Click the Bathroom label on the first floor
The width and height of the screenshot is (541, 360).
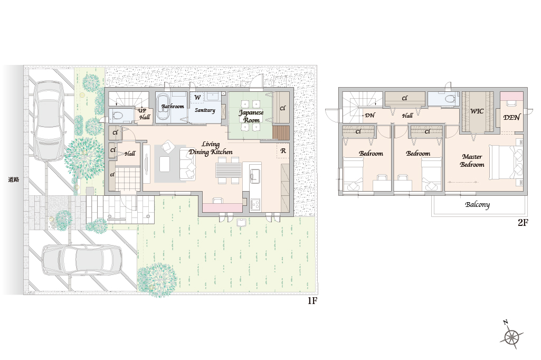click(x=173, y=106)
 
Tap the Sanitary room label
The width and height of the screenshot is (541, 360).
click(x=205, y=110)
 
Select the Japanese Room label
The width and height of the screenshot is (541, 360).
click(x=251, y=116)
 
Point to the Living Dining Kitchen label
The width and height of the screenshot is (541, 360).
click(x=211, y=148)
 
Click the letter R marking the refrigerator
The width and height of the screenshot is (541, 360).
click(x=283, y=151)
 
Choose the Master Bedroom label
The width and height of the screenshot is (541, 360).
click(x=472, y=160)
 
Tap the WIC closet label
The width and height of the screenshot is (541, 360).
click(x=477, y=111)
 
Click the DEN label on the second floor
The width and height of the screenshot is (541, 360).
click(x=511, y=117)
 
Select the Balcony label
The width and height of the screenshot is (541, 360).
click(x=477, y=205)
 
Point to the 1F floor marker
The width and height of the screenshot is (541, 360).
click(x=312, y=301)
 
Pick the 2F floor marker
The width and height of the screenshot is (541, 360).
click(x=523, y=223)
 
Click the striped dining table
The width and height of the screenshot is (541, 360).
click(x=229, y=170)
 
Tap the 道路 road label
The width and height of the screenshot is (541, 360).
click(x=13, y=179)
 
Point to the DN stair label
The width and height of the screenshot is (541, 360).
click(x=369, y=115)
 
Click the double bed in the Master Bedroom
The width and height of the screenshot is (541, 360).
click(x=506, y=162)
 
